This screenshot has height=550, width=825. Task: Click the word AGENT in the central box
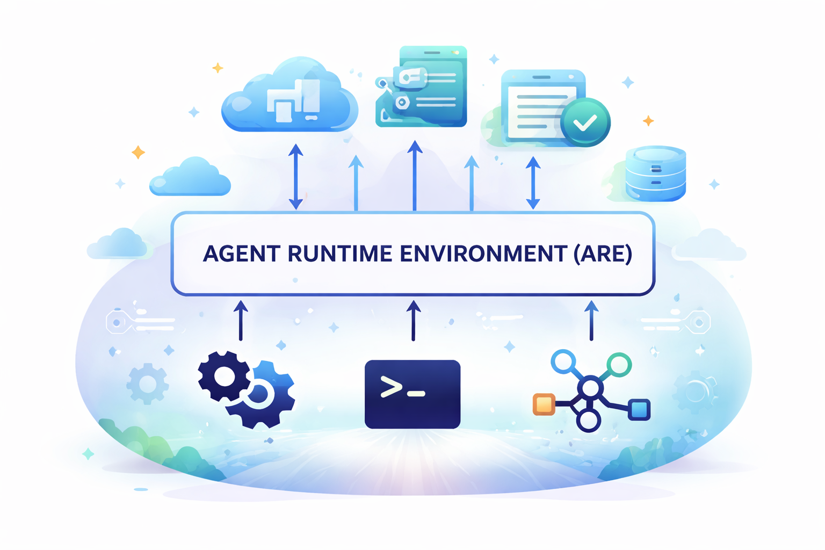242,254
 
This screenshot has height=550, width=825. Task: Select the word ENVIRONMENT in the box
483,254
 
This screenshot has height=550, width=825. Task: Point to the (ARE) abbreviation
603,254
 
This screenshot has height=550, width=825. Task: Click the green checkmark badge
585,122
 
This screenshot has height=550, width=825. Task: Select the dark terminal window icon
412,394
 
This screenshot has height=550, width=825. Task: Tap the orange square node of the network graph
544,404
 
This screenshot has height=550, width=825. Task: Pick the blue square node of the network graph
639,409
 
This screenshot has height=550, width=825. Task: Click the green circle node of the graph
619,365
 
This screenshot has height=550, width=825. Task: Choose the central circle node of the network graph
590,388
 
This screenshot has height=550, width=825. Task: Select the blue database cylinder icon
656,173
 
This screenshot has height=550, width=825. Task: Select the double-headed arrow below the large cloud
296,177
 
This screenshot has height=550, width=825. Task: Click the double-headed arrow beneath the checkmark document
533,183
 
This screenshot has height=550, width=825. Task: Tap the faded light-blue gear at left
147,384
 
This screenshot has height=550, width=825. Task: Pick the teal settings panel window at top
421,86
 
